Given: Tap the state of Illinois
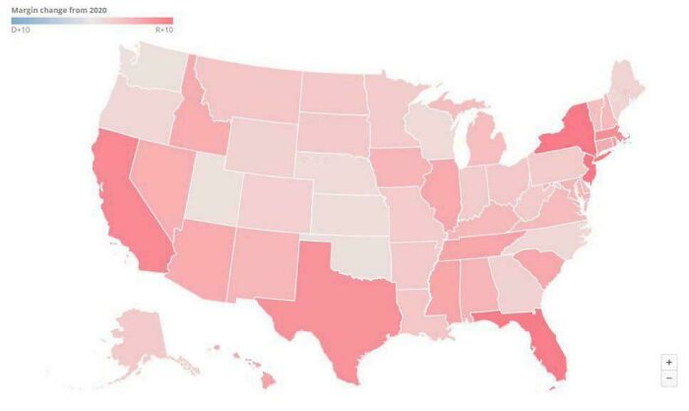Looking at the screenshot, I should pyautogui.click(x=444, y=192).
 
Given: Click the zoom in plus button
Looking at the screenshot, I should pyautogui.click(x=669, y=363).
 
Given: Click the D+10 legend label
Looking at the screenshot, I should pyautogui.click(x=21, y=31).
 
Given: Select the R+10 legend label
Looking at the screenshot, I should pyautogui.click(x=163, y=31).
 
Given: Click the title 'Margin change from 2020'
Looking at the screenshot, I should pyautogui.click(x=58, y=9).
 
